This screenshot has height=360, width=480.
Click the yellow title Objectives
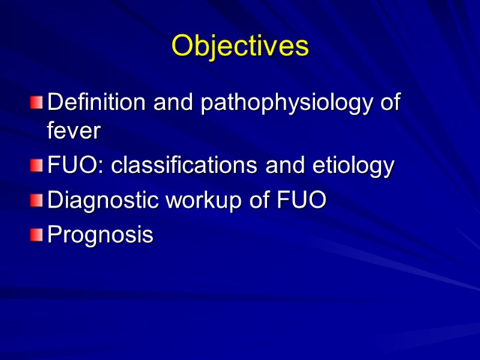(x=240, y=46)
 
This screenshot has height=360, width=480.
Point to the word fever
(x=73, y=131)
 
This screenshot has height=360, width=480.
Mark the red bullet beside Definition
(x=37, y=103)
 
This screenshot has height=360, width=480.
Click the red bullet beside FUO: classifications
(x=37, y=166)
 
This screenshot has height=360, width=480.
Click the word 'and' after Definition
(x=174, y=103)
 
